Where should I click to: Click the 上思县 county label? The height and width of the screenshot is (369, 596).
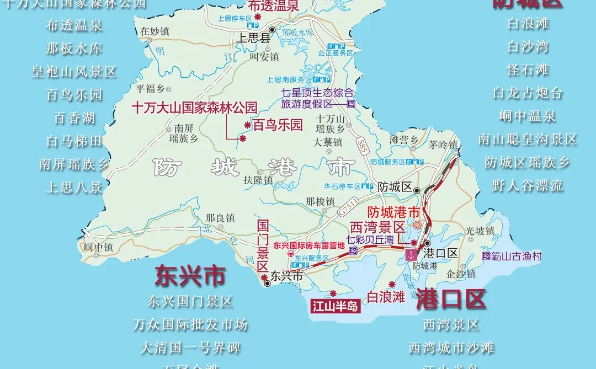point(253,39)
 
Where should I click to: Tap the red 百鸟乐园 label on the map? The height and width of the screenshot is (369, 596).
point(278,125)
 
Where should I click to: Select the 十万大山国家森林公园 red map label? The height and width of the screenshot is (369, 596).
point(194,108)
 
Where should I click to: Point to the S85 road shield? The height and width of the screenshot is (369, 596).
point(361,146)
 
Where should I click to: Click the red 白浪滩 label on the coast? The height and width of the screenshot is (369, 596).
point(386,297)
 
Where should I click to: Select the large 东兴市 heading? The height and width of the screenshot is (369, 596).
point(190,275)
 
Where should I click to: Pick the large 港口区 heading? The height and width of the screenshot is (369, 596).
point(451,298)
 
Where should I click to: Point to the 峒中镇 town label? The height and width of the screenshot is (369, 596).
point(98,247)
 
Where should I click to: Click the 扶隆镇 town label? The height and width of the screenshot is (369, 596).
point(258,180)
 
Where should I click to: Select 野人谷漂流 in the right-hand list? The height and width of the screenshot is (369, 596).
point(528,186)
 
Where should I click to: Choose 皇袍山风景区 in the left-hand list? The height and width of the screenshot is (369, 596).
point(74,72)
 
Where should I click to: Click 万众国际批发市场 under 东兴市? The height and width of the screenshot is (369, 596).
point(190,324)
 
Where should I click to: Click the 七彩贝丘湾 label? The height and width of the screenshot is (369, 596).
point(377,240)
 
